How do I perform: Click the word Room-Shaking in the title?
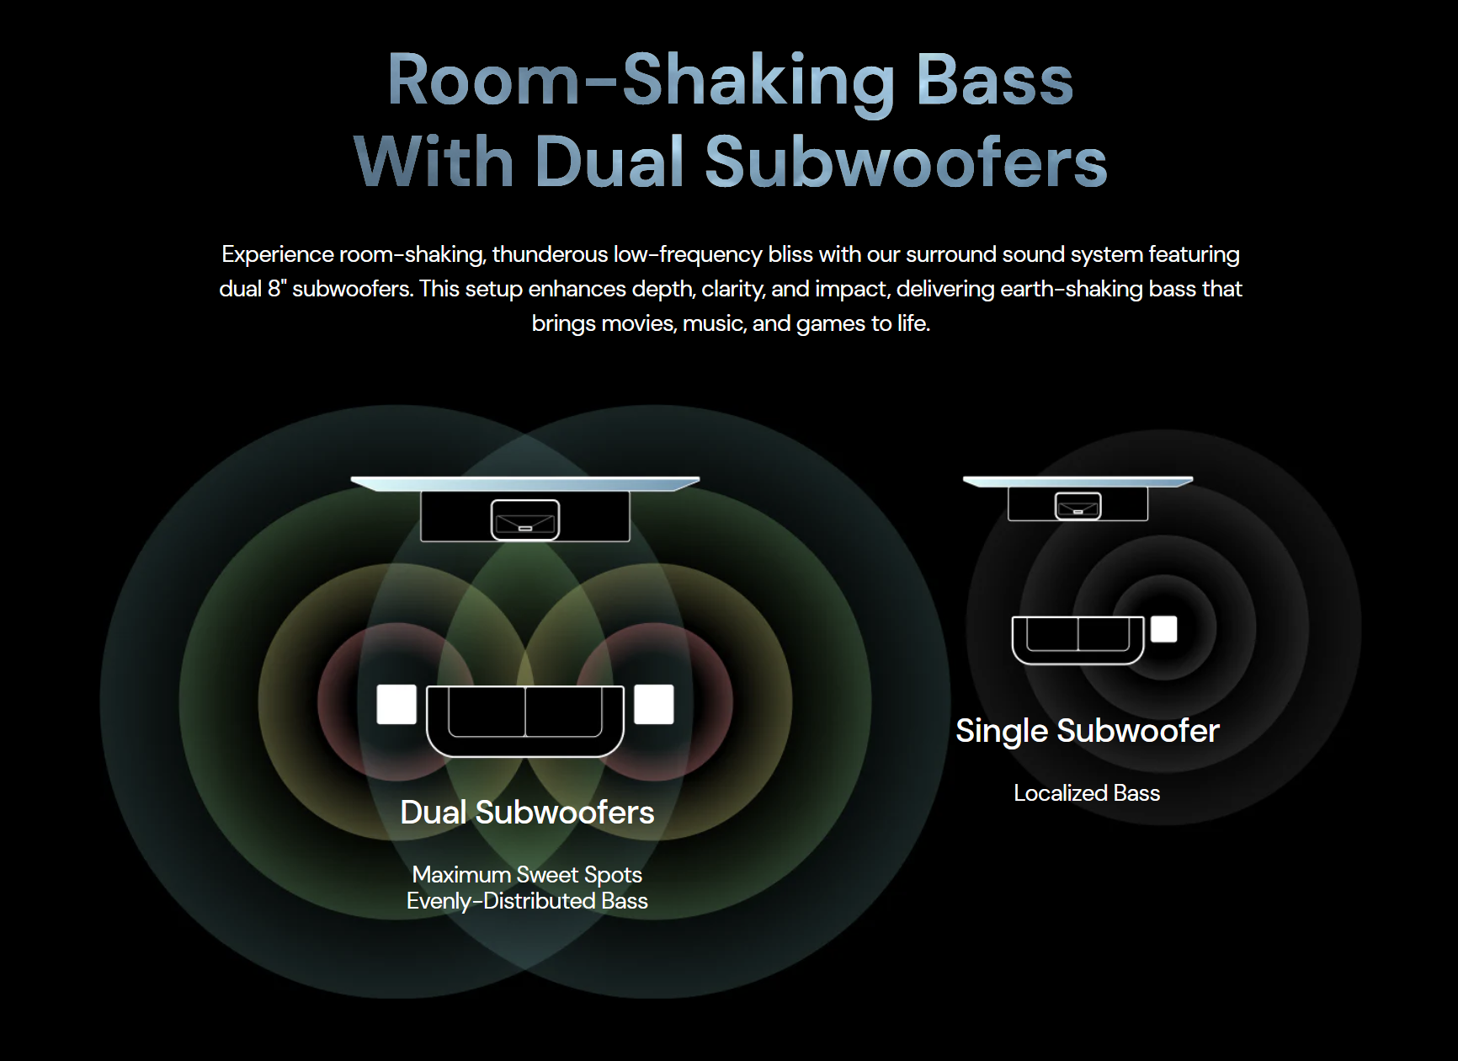click(x=641, y=81)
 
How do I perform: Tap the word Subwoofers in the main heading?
click(x=906, y=162)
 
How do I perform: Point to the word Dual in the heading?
click(x=609, y=162)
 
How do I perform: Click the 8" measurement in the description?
click(x=278, y=289)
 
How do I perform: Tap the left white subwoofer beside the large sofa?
click(x=396, y=704)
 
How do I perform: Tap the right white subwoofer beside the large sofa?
click(x=654, y=704)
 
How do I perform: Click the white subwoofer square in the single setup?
click(x=1164, y=629)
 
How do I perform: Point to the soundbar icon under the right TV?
click(x=1078, y=505)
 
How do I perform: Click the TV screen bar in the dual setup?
click(x=525, y=483)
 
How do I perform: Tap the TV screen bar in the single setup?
click(x=1078, y=482)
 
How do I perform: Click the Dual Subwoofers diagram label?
click(x=527, y=813)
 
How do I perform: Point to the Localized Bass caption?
click(x=1087, y=793)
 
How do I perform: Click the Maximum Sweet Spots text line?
click(x=527, y=875)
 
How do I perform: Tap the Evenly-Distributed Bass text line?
click(x=527, y=901)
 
